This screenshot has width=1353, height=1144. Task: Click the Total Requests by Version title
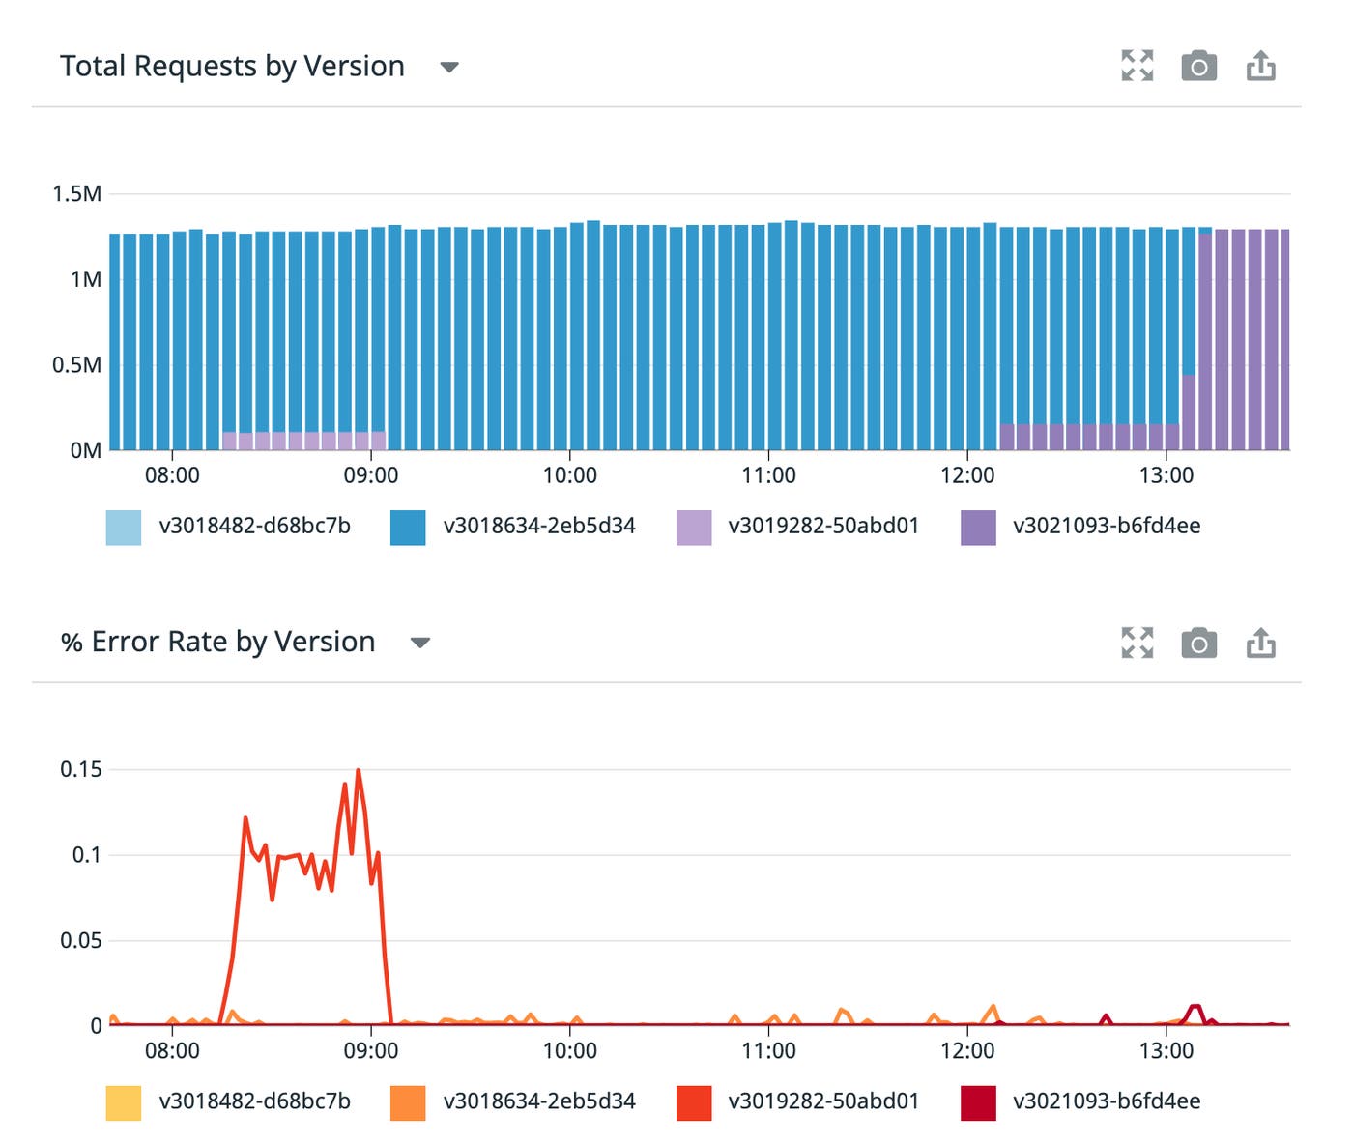tap(232, 67)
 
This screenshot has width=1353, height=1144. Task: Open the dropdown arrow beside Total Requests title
tap(448, 68)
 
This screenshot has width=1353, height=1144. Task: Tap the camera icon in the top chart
tap(1198, 67)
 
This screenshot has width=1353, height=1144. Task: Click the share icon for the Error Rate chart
tap(1260, 643)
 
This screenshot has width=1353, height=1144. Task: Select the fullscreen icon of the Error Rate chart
tap(1137, 643)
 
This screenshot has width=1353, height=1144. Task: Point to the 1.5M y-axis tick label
tap(77, 194)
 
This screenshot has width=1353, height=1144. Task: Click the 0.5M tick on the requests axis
tap(77, 365)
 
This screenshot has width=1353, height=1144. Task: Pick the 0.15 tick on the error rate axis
tap(81, 770)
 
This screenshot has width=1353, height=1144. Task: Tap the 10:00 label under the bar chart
tap(569, 475)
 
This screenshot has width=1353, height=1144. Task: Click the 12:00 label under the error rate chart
tap(966, 1051)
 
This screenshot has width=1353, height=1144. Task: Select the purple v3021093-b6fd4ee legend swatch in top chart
tap(978, 528)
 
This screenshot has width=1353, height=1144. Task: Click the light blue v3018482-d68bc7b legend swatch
tap(124, 528)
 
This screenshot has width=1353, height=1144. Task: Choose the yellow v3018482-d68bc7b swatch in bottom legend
tap(124, 1102)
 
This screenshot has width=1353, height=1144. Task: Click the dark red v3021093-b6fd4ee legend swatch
tap(978, 1102)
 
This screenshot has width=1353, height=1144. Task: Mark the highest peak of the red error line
tap(359, 771)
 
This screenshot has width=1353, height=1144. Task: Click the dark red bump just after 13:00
tap(1195, 1008)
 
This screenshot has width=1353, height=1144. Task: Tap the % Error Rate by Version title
tap(218, 643)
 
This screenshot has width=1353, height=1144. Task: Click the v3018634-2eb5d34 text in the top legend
tap(539, 527)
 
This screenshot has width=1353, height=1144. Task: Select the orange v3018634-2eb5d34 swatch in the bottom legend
tap(408, 1102)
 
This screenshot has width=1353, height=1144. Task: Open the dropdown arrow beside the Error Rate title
tap(419, 643)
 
